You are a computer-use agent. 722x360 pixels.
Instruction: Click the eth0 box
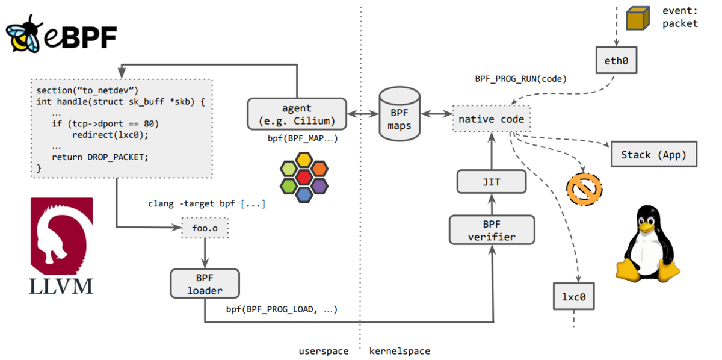(x=616, y=60)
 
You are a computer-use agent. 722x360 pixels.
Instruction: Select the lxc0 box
(x=574, y=296)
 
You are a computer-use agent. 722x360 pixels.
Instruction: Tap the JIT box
(x=492, y=182)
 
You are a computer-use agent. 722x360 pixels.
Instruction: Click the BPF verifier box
(x=492, y=230)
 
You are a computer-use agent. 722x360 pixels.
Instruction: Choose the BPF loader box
(x=205, y=284)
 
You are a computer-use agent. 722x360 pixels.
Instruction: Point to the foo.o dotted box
(x=205, y=228)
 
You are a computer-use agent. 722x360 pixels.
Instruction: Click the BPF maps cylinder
(x=400, y=114)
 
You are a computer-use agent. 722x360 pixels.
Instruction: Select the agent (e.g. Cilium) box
(x=297, y=114)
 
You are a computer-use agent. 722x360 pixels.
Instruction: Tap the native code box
(x=491, y=119)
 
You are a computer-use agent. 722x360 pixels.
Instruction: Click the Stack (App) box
(x=654, y=154)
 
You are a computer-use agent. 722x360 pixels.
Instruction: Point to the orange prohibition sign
(x=584, y=190)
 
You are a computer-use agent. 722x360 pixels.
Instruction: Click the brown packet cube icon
(x=638, y=19)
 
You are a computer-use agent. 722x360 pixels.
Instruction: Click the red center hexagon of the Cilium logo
(x=304, y=178)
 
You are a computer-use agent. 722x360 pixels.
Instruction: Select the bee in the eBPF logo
(x=23, y=34)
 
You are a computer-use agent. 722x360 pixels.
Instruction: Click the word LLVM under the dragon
(x=61, y=287)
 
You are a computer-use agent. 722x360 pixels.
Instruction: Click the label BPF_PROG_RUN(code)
(x=520, y=79)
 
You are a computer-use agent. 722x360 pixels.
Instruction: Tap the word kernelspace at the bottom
(x=400, y=351)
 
